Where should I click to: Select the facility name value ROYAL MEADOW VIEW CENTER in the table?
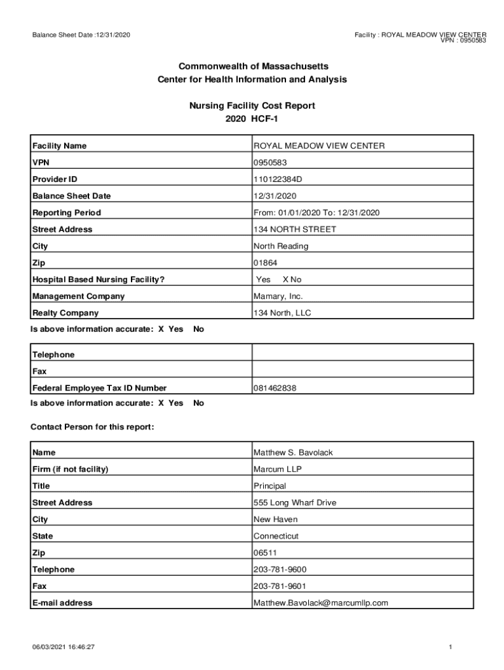tap(319, 146)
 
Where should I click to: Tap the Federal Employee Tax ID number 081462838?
tap(275, 388)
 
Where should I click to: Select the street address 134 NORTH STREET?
tap(295, 229)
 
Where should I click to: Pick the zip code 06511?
tap(265, 553)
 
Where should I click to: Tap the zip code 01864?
tap(264, 263)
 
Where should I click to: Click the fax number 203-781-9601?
tap(279, 586)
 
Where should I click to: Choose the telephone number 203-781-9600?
tap(279, 569)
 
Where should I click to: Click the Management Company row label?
tap(79, 296)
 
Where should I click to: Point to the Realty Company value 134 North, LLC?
tap(282, 313)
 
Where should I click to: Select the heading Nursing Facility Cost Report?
tap(252, 105)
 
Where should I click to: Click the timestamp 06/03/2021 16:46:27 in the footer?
tap(64, 647)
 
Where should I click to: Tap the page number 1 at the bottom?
tap(451, 647)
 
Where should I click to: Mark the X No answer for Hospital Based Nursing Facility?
tap(292, 279)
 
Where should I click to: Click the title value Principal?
tap(270, 485)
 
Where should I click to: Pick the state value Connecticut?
tap(276, 536)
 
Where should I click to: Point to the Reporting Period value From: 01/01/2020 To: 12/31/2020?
tap(316, 213)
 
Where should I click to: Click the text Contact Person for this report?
tap(92, 427)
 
